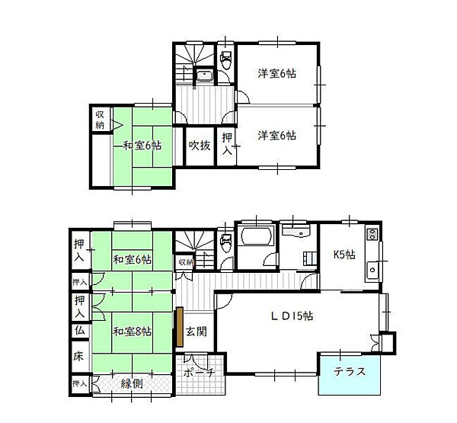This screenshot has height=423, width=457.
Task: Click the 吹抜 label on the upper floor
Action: coord(200,145)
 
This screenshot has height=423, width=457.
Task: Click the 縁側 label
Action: coord(133,384)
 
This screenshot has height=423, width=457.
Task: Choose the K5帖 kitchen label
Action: coord(343,255)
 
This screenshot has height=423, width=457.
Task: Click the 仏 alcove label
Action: coord(79,332)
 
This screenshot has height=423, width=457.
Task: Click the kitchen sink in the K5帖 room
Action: coord(372,268)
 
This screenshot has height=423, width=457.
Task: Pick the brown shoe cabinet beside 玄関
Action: coord(180,323)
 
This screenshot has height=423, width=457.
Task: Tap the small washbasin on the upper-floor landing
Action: coord(204,75)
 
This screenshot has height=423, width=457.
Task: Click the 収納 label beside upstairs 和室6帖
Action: coord(100,119)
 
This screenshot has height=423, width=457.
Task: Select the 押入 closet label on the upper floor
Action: coord(228,143)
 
